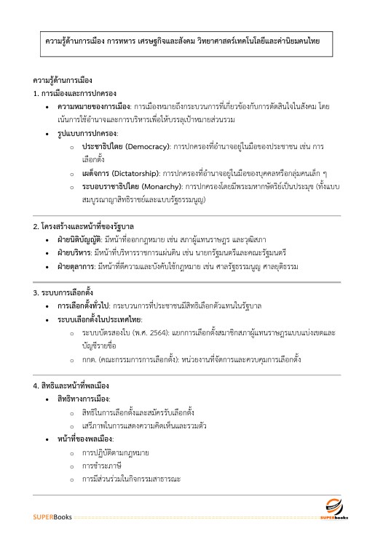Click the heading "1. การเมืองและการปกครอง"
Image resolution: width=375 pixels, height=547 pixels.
(75, 95)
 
